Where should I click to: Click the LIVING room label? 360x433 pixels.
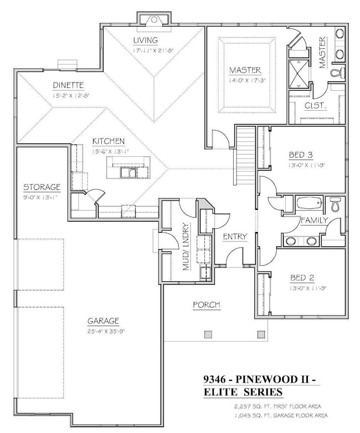point(146,40)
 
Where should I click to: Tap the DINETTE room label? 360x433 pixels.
point(68,85)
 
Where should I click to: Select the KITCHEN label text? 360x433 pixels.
point(109,141)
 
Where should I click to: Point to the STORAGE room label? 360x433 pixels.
point(42,187)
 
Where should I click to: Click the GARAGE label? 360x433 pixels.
point(104,321)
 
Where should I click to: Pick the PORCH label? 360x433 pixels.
point(206,305)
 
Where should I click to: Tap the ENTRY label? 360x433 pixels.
point(235,236)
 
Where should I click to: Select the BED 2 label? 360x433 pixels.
point(302,278)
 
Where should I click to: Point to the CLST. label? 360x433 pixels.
point(315,105)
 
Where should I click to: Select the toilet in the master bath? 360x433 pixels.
point(336,73)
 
